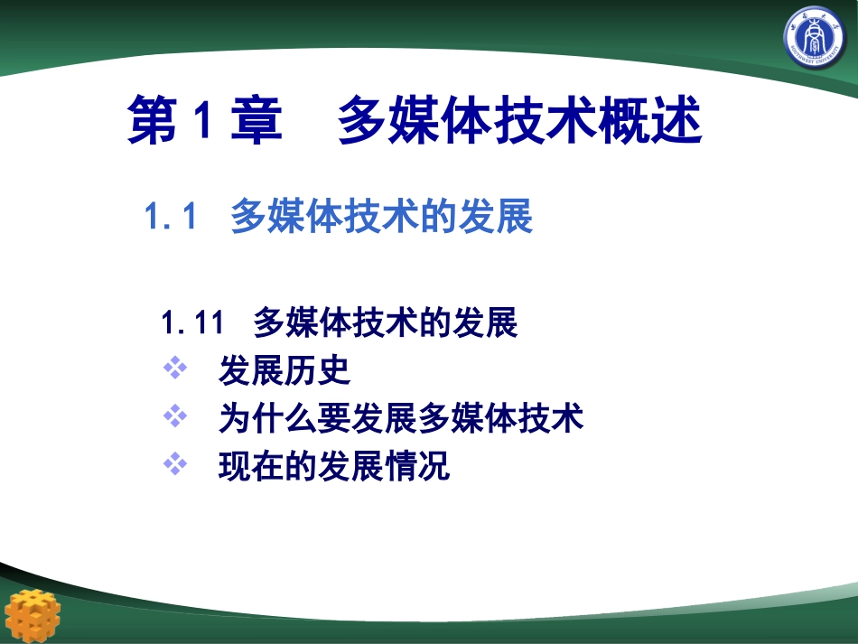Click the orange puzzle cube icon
tap(33, 615)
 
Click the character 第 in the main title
tap(153, 122)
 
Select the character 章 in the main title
tap(256, 122)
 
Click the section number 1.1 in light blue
tap(171, 217)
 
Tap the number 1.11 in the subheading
tap(191, 322)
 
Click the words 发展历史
tap(284, 369)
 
